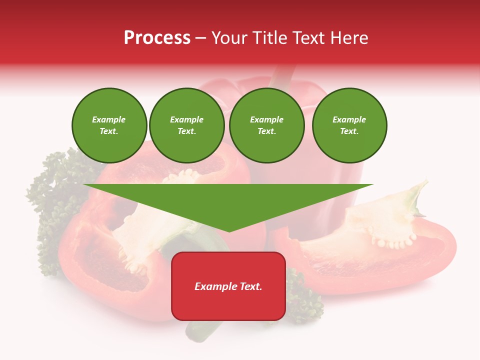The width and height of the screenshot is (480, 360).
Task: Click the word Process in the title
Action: click(x=157, y=38)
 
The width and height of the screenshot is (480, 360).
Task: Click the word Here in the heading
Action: click(x=348, y=38)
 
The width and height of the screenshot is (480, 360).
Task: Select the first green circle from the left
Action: click(x=109, y=125)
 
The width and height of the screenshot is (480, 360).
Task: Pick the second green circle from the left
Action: click(x=187, y=125)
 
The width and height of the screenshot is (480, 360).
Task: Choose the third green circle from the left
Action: click(x=267, y=125)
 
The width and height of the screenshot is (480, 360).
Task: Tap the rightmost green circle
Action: click(x=349, y=125)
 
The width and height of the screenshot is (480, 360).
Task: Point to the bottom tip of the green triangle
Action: click(x=229, y=230)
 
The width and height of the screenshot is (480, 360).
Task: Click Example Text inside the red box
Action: click(x=228, y=286)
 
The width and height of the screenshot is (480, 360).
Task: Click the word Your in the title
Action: click(x=229, y=38)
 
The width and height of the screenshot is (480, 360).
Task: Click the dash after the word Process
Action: click(x=201, y=38)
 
